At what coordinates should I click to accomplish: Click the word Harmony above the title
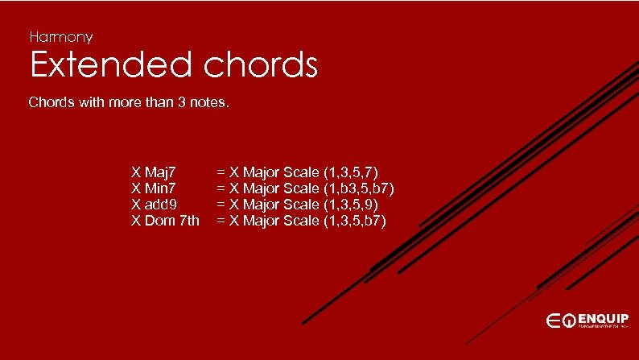(61, 37)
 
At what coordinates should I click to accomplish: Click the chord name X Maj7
(155, 172)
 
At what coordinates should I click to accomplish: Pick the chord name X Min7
(154, 188)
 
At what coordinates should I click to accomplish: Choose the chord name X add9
(155, 204)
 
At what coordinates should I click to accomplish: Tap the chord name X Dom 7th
(165, 220)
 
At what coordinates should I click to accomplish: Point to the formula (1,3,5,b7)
(354, 220)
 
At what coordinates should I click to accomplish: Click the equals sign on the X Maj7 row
(220, 172)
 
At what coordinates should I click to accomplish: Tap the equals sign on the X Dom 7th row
(220, 220)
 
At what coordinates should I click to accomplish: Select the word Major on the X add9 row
(262, 204)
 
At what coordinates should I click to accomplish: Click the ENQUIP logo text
(603, 317)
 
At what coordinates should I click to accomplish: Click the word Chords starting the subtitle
(52, 103)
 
